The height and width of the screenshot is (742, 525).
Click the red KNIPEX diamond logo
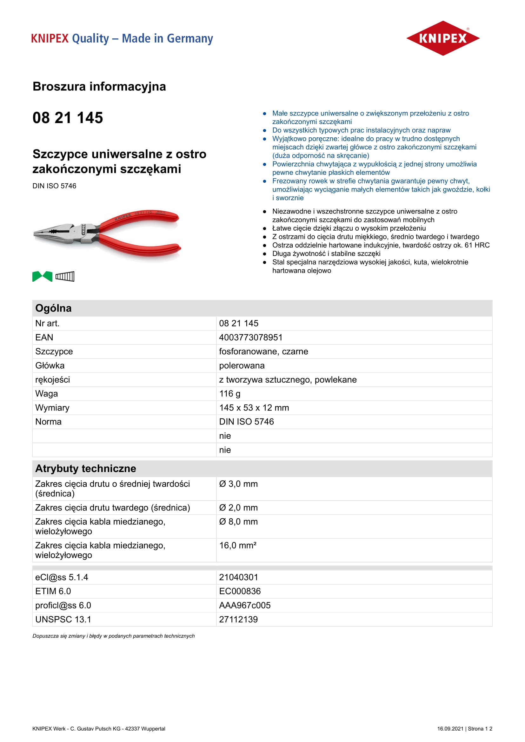[442, 38]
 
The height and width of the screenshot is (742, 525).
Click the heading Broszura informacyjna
[99, 87]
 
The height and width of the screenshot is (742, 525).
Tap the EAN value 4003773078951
[250, 338]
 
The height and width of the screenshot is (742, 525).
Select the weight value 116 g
[229, 394]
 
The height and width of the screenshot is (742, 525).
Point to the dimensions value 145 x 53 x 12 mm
[254, 408]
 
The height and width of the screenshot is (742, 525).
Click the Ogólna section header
[53, 308]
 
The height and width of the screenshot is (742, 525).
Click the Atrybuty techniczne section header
[86, 469]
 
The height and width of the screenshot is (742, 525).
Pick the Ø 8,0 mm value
[238, 522]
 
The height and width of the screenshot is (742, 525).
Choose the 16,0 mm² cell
[238, 546]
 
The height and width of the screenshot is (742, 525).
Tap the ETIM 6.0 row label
[53, 591]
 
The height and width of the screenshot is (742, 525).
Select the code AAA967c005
[245, 605]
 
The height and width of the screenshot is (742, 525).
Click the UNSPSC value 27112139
[238, 620]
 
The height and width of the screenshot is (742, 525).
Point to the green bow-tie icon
[42, 277]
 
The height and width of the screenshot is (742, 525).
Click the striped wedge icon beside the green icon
[65, 277]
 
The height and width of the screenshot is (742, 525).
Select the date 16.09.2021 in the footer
[450, 729]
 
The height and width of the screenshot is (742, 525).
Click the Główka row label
[50, 365]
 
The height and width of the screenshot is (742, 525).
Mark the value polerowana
[242, 365]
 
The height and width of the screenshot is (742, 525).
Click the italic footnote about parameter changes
[113, 636]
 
